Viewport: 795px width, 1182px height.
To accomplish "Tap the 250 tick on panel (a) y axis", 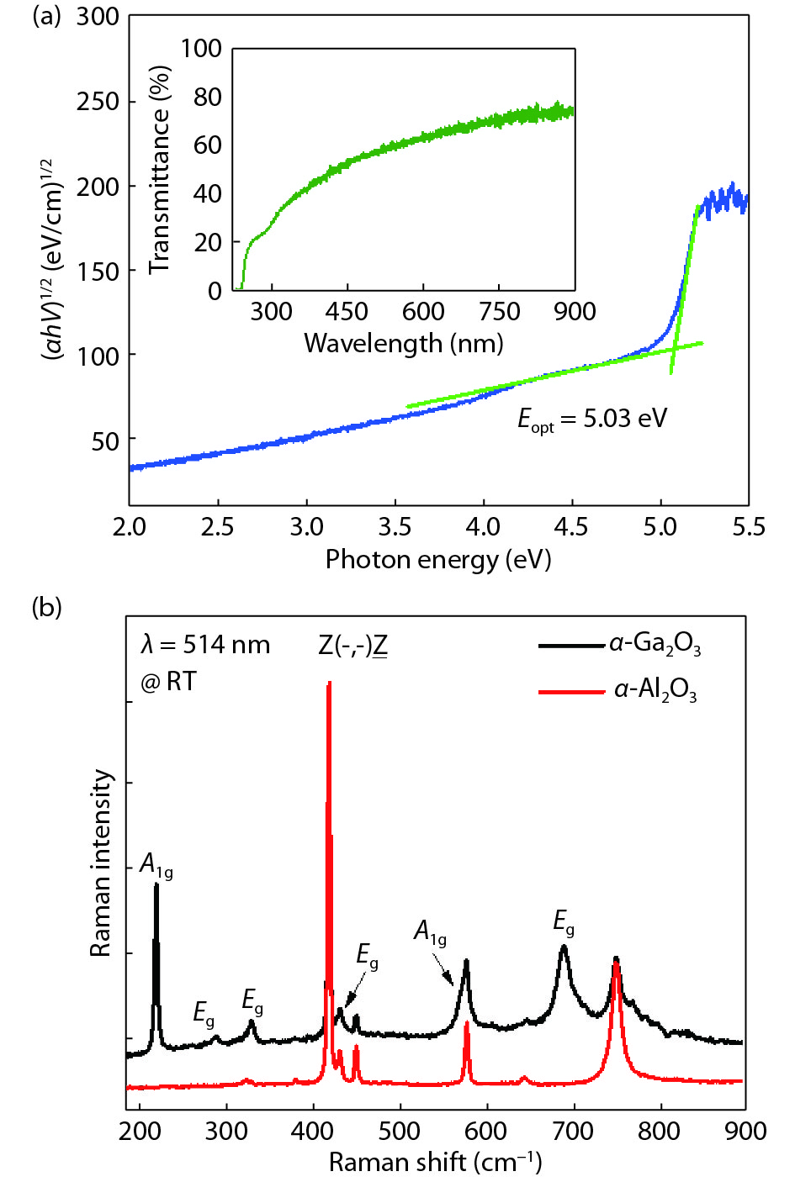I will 98,102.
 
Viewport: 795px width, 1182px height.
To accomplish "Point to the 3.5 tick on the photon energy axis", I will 395,527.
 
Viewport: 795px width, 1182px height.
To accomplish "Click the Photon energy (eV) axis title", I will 437,560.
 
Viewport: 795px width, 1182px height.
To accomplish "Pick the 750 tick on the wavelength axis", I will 499,312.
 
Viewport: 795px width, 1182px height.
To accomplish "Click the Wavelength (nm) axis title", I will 403,343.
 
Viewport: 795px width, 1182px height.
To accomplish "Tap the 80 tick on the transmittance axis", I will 207,98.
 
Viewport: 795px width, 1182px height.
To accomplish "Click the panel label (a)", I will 46,17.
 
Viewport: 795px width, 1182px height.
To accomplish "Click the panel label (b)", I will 46,606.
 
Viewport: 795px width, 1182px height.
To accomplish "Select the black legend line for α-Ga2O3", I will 571,646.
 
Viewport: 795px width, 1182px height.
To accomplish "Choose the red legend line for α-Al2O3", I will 571,692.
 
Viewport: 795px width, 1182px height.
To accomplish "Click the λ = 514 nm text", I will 205,645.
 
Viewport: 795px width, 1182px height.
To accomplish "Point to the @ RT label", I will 168,682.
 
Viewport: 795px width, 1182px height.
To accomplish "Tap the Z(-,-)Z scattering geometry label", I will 352,646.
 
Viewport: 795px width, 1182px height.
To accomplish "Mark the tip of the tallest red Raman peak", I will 329,683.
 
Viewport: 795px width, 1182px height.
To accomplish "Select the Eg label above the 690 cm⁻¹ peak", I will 564,922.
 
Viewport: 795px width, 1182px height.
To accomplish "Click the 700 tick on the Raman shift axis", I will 574,1131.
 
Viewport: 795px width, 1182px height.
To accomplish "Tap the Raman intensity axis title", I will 101,863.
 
